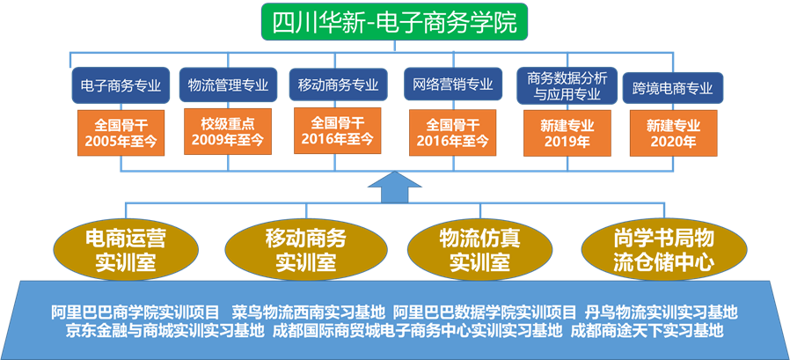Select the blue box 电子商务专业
pyautogui.click(x=121, y=85)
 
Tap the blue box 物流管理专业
pyautogui.click(x=229, y=85)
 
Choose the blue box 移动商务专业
pyautogui.click(x=338, y=85)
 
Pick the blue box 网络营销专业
pyautogui.click(x=452, y=85)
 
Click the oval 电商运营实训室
pyautogui.click(x=124, y=249)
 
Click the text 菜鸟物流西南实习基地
pyautogui.click(x=309, y=312)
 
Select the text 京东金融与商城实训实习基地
pyautogui.click(x=165, y=331)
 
